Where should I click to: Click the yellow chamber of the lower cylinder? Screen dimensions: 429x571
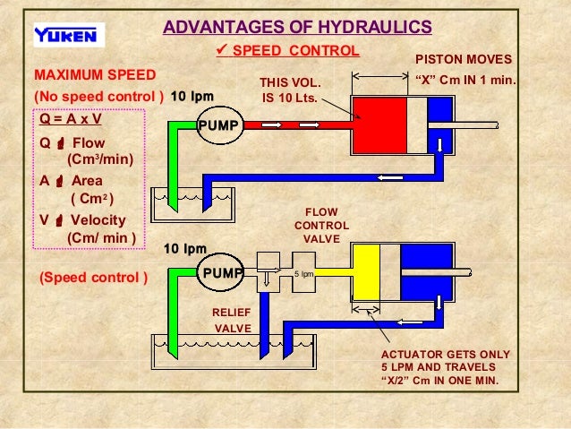[x=361, y=272]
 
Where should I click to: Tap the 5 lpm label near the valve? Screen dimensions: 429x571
[x=303, y=274]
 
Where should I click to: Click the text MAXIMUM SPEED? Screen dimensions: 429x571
[x=94, y=73]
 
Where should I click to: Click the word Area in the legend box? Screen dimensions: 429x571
[x=88, y=180]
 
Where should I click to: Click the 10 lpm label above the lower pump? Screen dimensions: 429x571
[x=185, y=248]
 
